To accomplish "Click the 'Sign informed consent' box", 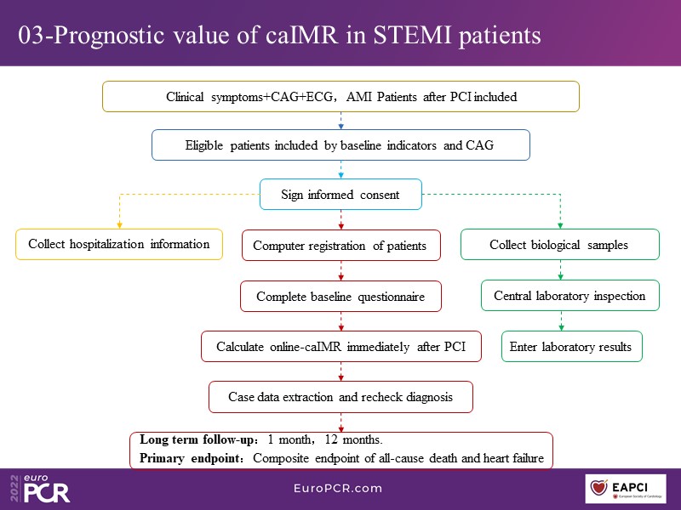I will [x=340, y=195].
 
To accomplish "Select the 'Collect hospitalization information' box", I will [x=118, y=244].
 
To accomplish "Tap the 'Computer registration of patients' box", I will [x=340, y=246].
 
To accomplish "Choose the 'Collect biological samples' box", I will [x=559, y=245].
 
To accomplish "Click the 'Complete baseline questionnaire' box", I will [x=340, y=297].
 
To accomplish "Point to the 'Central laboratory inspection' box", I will [x=569, y=296].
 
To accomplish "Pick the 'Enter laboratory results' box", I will [x=571, y=347].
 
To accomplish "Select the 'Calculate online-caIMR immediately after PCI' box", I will [x=340, y=347].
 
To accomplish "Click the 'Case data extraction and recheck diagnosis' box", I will [x=340, y=397].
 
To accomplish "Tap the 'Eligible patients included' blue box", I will [x=340, y=144].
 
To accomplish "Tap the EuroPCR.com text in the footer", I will [x=339, y=488].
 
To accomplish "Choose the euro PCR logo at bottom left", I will [x=42, y=489].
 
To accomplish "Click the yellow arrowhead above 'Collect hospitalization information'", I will [x=118, y=224].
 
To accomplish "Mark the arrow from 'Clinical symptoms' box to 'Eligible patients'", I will [x=340, y=122].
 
